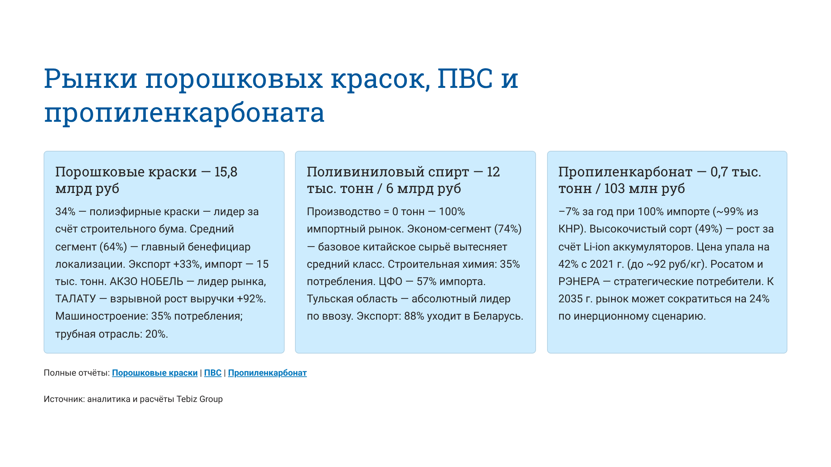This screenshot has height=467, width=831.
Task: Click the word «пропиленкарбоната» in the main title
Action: tap(184, 113)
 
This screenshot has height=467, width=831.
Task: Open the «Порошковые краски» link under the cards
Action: tap(154, 373)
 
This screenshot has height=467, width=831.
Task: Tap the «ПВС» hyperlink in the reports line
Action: tap(213, 373)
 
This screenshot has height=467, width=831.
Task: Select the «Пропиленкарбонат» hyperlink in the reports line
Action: tap(267, 373)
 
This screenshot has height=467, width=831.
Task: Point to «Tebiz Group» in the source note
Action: tap(199, 399)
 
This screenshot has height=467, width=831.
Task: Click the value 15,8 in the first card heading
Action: tap(226, 172)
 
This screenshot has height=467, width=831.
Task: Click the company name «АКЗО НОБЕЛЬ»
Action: tap(146, 282)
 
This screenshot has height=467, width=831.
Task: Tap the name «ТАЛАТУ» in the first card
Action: tap(75, 299)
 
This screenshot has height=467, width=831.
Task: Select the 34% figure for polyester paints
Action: tap(65, 212)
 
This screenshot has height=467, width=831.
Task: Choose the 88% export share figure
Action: tap(414, 316)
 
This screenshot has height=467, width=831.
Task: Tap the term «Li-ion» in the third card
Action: tap(597, 247)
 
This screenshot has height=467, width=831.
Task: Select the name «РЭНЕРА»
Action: tap(579, 282)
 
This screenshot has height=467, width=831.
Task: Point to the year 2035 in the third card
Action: tap(570, 299)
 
